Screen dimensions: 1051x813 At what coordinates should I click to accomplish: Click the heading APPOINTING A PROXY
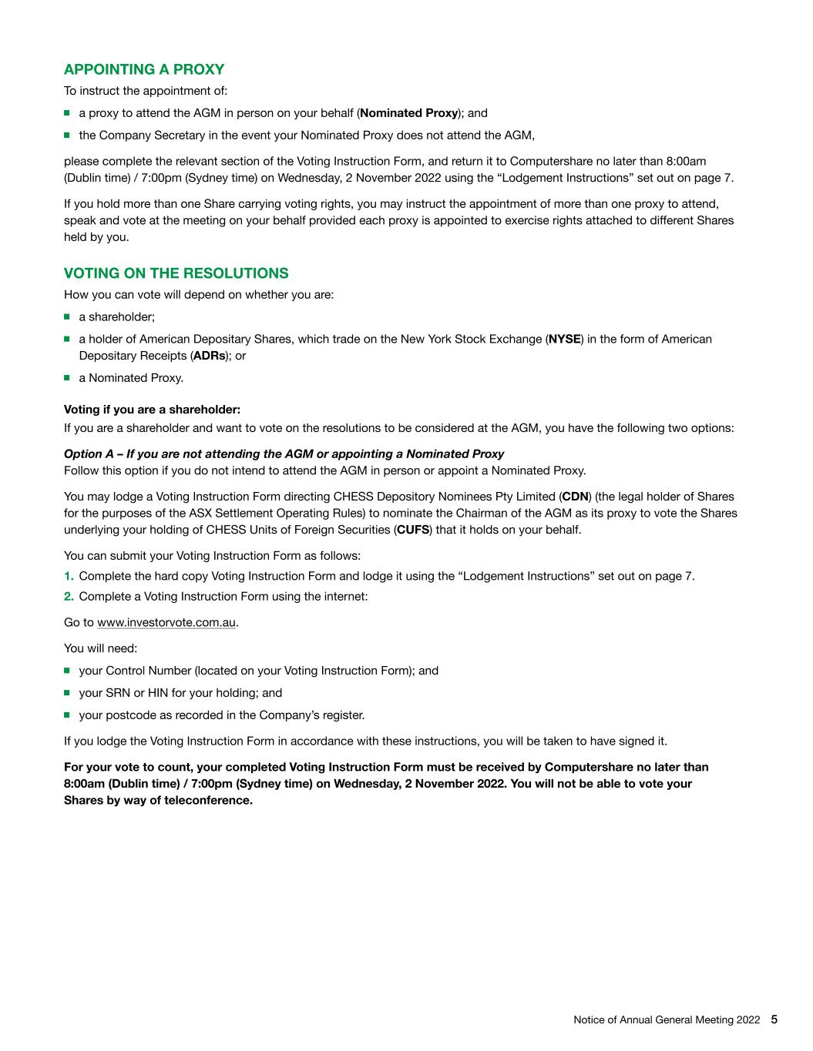[144, 70]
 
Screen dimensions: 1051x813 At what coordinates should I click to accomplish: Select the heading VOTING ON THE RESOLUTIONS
[176, 273]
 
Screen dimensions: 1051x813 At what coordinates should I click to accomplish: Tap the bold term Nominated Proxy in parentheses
[408, 113]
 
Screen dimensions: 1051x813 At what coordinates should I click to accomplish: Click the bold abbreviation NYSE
[564, 340]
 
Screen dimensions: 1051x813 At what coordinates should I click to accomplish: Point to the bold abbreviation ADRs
[209, 356]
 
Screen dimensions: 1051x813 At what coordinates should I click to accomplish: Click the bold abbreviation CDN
[576, 497]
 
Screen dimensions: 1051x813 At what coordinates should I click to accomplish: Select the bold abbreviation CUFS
[412, 530]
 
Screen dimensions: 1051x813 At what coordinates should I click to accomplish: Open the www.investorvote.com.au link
[166, 622]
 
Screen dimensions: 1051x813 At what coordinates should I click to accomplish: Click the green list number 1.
[69, 576]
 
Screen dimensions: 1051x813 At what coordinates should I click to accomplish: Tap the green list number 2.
[69, 596]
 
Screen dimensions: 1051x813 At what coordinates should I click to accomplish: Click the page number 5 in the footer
[774, 1019]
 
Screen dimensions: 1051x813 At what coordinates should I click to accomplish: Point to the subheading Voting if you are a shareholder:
[152, 410]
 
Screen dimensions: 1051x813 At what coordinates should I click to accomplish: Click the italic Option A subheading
[284, 454]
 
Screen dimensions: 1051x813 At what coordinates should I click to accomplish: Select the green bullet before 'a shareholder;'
[68, 316]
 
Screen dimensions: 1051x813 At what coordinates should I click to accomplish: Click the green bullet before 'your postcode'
[68, 715]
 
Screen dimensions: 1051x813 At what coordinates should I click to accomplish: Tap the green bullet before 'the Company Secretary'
[68, 135]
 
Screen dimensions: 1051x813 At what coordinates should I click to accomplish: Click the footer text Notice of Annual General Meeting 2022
[667, 1020]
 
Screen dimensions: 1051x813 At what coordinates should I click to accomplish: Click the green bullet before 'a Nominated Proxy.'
[68, 377]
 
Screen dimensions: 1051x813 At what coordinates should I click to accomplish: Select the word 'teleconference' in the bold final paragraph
[208, 800]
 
